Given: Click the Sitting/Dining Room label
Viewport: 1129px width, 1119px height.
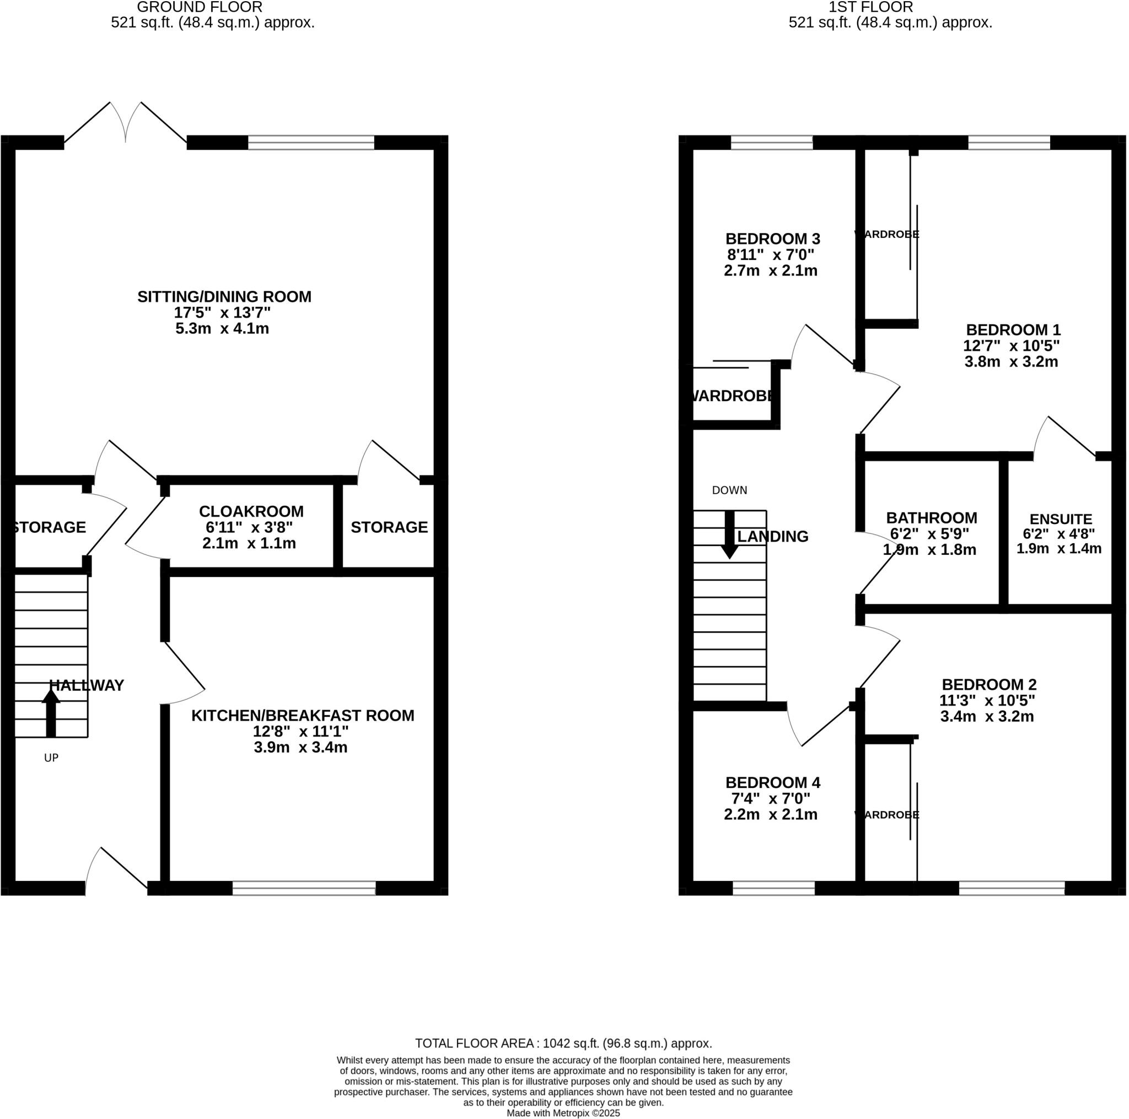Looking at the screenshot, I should click(224, 296).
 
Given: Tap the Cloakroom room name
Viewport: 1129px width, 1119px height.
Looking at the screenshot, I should click(251, 512).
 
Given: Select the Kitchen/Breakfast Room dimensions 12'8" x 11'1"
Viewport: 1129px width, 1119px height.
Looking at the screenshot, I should click(300, 731).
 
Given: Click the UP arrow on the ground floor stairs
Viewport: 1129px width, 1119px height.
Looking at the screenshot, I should click(51, 712).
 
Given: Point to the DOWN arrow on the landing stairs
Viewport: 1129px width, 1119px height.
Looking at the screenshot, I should click(729, 535).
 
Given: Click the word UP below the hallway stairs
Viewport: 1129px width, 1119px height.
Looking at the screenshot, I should click(51, 758).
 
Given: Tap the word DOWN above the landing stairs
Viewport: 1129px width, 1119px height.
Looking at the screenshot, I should click(729, 490).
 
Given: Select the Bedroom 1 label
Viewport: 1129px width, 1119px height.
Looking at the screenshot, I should click(1013, 329).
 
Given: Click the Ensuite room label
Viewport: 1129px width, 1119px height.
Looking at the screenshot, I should click(1061, 519).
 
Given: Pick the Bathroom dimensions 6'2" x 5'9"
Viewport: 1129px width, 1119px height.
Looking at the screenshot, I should click(929, 533).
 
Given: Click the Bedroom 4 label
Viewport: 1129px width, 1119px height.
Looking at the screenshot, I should click(772, 782).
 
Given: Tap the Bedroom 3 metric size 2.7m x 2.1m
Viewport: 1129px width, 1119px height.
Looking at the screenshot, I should click(770, 271).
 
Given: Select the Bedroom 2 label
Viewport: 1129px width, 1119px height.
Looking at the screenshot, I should click(989, 684).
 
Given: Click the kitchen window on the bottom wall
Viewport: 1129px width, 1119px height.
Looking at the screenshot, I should click(304, 888).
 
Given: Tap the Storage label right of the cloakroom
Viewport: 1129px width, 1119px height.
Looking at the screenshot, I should click(389, 527).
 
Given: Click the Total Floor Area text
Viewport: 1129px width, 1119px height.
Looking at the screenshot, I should click(563, 1043).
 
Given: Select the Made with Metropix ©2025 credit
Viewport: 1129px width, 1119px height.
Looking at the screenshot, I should click(563, 1113).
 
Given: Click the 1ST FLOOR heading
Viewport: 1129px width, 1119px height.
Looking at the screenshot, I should click(870, 7).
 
